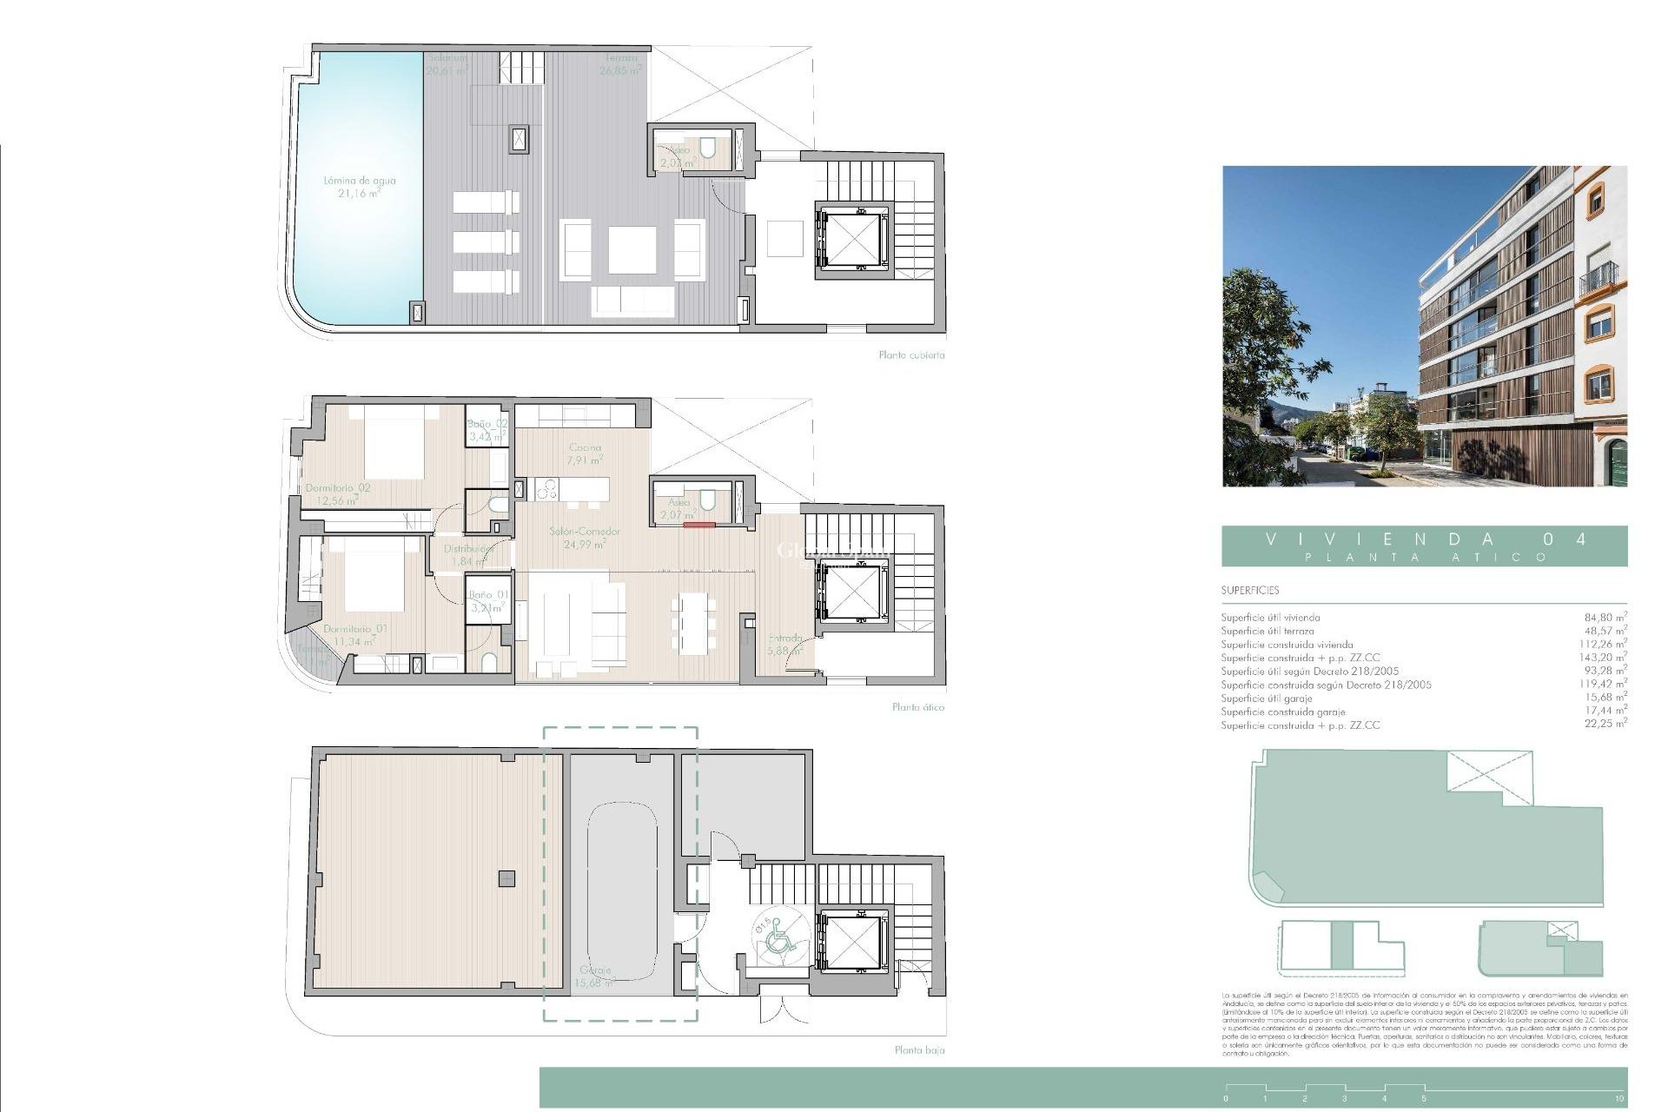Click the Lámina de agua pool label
pos(359,181)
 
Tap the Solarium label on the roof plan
pos(447,58)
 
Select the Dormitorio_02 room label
pos(338,488)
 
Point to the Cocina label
pos(584,448)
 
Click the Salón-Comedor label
pos(585,532)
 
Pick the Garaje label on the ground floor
pos(595,970)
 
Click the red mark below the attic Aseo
pos(698,525)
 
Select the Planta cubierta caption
pos(911,355)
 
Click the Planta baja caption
pos(919,1050)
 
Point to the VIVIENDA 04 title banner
pos(1424,546)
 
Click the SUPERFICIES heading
pos(1250,591)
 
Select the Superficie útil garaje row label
pos(1266,698)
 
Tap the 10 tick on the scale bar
pos(1619,1098)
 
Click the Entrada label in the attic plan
pos(784,638)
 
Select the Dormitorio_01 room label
pos(355,629)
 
